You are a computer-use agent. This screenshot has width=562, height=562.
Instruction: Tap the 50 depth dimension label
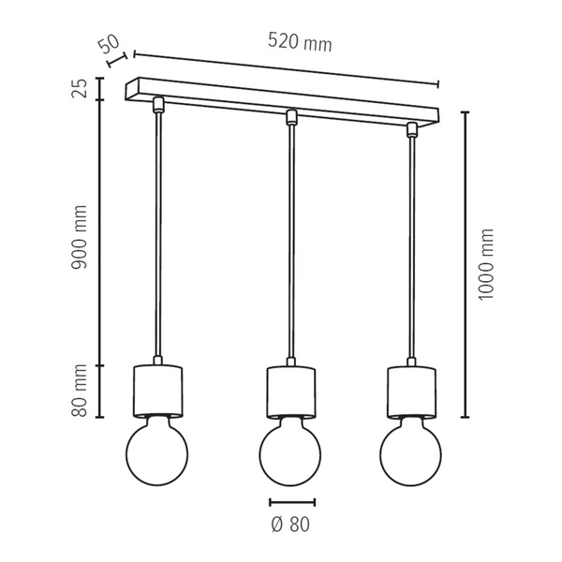pos(108,43)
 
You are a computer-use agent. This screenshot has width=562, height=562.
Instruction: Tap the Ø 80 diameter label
pos(291,525)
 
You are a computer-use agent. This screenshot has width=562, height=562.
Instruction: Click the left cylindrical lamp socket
pos(156,391)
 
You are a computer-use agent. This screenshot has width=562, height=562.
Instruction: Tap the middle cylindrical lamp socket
pos(290,393)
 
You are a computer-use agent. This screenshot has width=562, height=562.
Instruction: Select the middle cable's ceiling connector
pos(291,117)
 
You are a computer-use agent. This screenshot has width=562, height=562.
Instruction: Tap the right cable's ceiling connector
pos(410,129)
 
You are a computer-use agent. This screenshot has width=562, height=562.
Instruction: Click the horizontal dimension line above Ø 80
pos(291,502)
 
